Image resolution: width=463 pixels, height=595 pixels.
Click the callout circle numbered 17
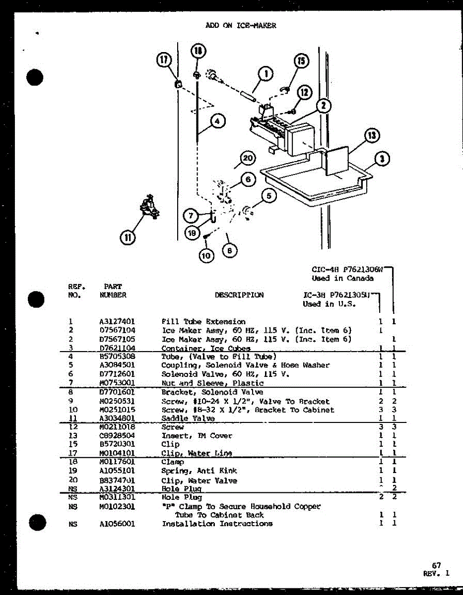click(x=164, y=60)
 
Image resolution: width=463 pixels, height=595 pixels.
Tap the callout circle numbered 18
click(x=198, y=50)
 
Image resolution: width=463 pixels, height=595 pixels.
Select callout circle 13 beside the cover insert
click(x=372, y=135)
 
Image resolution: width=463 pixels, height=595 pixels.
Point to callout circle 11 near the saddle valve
click(x=128, y=238)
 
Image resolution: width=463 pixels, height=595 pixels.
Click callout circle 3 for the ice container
click(x=383, y=159)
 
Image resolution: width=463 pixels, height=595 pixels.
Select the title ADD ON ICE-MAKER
click(x=241, y=25)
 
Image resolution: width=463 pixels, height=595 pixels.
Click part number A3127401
click(x=117, y=321)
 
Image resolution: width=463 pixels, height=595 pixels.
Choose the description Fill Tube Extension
click(x=203, y=321)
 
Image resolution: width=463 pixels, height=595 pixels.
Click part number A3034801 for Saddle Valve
click(x=117, y=418)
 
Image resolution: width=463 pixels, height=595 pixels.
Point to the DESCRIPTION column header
click(x=239, y=295)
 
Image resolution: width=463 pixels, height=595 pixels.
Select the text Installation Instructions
click(x=217, y=524)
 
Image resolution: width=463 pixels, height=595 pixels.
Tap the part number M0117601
click(x=117, y=462)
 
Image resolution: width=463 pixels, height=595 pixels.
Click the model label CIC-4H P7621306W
click(x=347, y=270)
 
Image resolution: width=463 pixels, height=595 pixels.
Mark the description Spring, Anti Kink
click(x=199, y=471)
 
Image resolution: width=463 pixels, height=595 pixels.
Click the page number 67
click(x=436, y=565)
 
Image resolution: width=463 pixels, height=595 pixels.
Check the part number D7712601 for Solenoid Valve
click(x=117, y=374)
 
